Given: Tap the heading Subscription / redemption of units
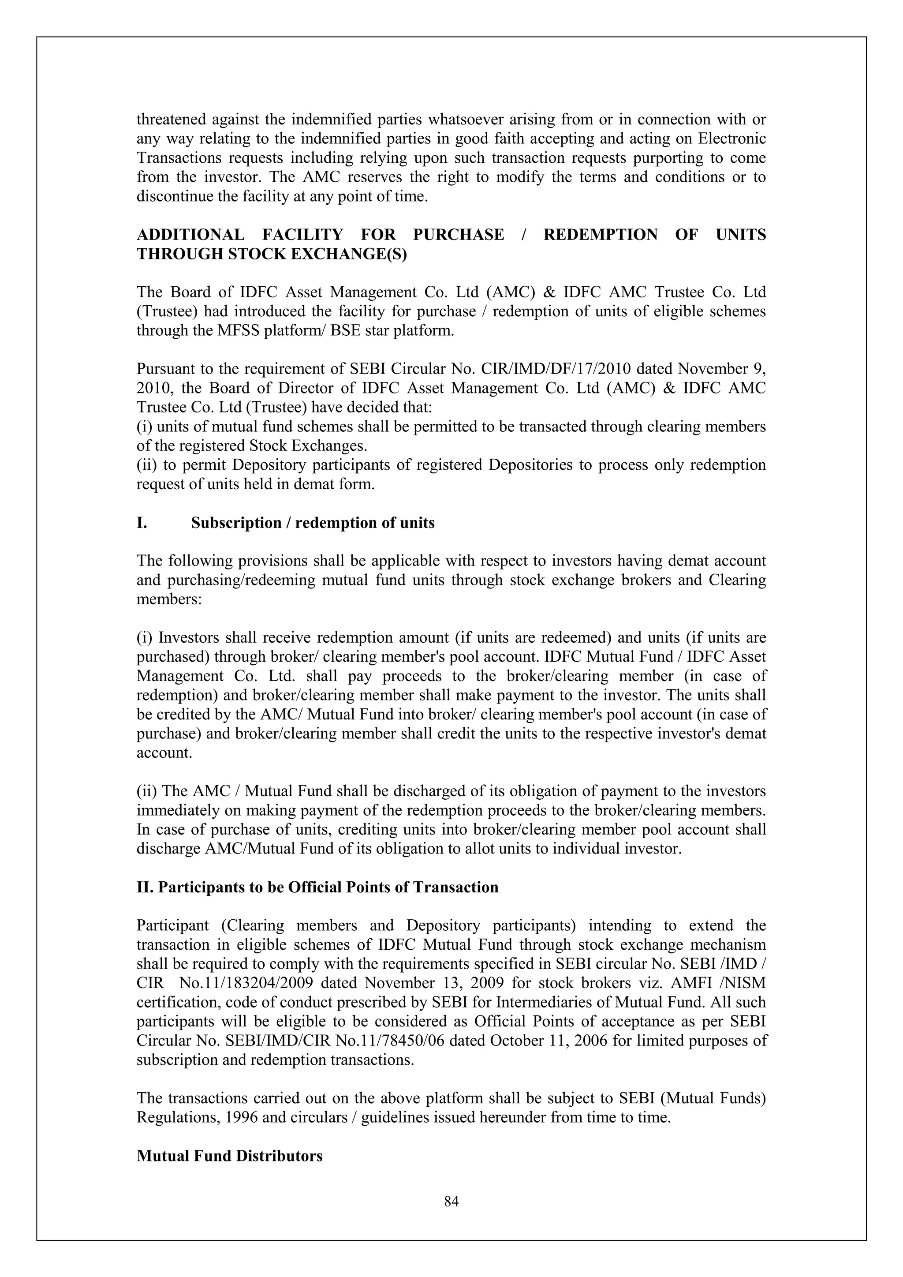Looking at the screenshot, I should [313, 523].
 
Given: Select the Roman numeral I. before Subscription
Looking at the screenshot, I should [142, 523].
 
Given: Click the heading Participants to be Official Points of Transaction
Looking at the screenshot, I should [317, 887].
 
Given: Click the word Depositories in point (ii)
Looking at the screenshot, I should [530, 465].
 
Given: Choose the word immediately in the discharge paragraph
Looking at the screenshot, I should [174, 810].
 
